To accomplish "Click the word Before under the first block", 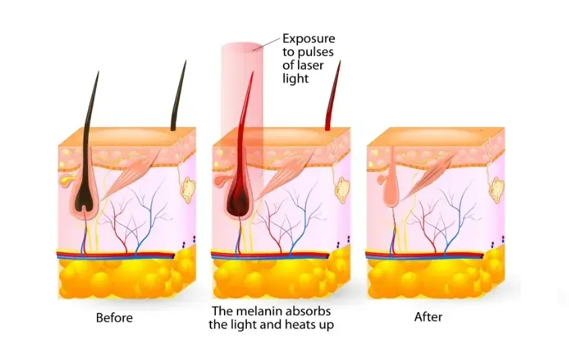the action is click(x=114, y=318).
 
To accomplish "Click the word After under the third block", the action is click(x=428, y=317).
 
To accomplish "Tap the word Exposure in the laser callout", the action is click(x=309, y=39).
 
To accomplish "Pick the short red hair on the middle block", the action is click(x=333, y=96).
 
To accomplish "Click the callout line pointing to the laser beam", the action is click(x=267, y=43).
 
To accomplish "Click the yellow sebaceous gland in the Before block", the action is click(x=67, y=179).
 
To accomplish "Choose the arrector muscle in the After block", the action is click(x=428, y=177).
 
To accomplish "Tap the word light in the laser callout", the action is click(x=295, y=79).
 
